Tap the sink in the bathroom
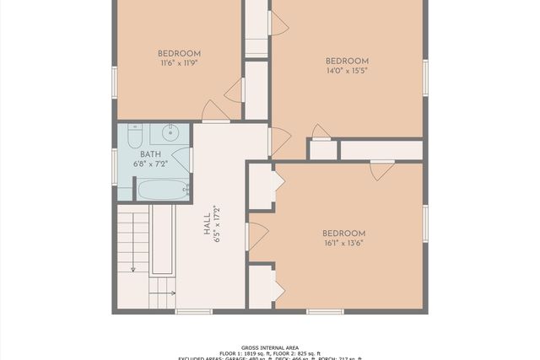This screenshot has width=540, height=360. [x=170, y=132]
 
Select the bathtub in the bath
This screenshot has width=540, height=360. [x=162, y=190]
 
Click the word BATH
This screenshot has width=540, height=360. [x=150, y=154]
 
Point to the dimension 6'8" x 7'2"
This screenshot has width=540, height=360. [x=151, y=164]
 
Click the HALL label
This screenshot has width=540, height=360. [x=208, y=224]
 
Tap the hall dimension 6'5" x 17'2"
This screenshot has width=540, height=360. [x=218, y=224]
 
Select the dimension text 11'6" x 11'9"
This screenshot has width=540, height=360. [x=180, y=63]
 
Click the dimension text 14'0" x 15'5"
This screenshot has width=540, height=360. [x=347, y=71]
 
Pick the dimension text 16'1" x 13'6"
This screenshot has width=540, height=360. [x=343, y=244]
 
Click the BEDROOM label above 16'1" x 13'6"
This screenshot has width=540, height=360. [x=343, y=234]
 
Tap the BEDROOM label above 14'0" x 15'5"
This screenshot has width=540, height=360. [x=347, y=61]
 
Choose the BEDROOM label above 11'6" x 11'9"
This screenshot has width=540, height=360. [x=180, y=53]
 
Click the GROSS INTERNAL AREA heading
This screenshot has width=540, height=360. [x=270, y=347]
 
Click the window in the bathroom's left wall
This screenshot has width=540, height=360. [x=115, y=162]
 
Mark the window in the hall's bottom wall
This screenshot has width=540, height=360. [x=193, y=312]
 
